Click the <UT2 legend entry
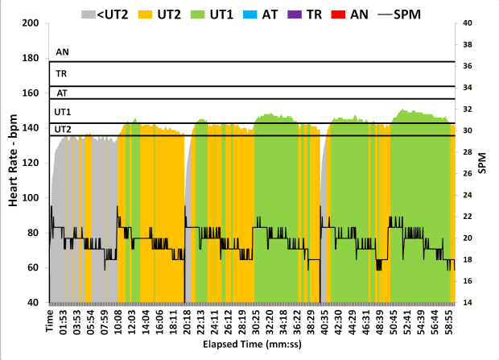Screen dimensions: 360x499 105,14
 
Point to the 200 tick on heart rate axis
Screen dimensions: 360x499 33,23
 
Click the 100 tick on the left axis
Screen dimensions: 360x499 33,197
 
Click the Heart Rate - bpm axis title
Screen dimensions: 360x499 14,162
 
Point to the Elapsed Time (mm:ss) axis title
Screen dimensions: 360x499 252,351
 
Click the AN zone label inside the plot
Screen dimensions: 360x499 62,52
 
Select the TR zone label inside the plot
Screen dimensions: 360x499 61,73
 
